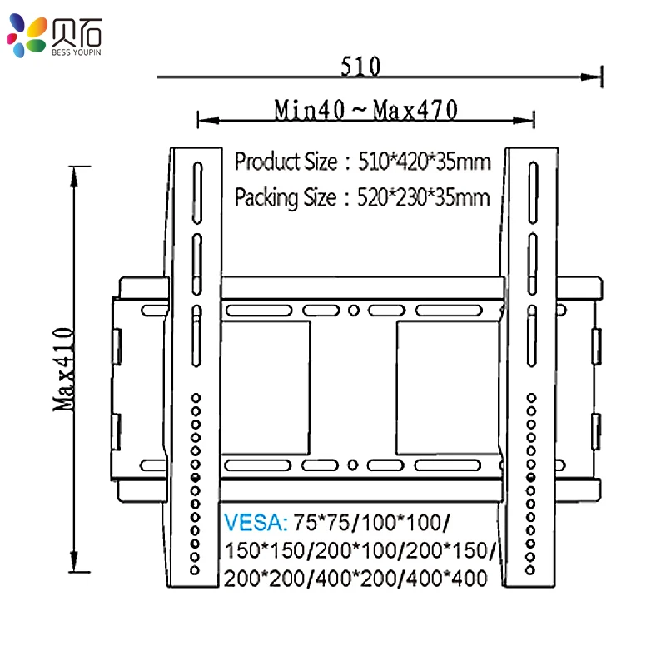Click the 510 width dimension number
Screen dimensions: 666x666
click(360, 66)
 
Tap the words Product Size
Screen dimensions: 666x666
click(286, 161)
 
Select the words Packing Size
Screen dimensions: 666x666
click(286, 198)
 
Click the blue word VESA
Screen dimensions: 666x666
click(255, 524)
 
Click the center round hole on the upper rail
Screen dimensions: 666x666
click(353, 311)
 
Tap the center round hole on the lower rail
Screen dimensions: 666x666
click(353, 465)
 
